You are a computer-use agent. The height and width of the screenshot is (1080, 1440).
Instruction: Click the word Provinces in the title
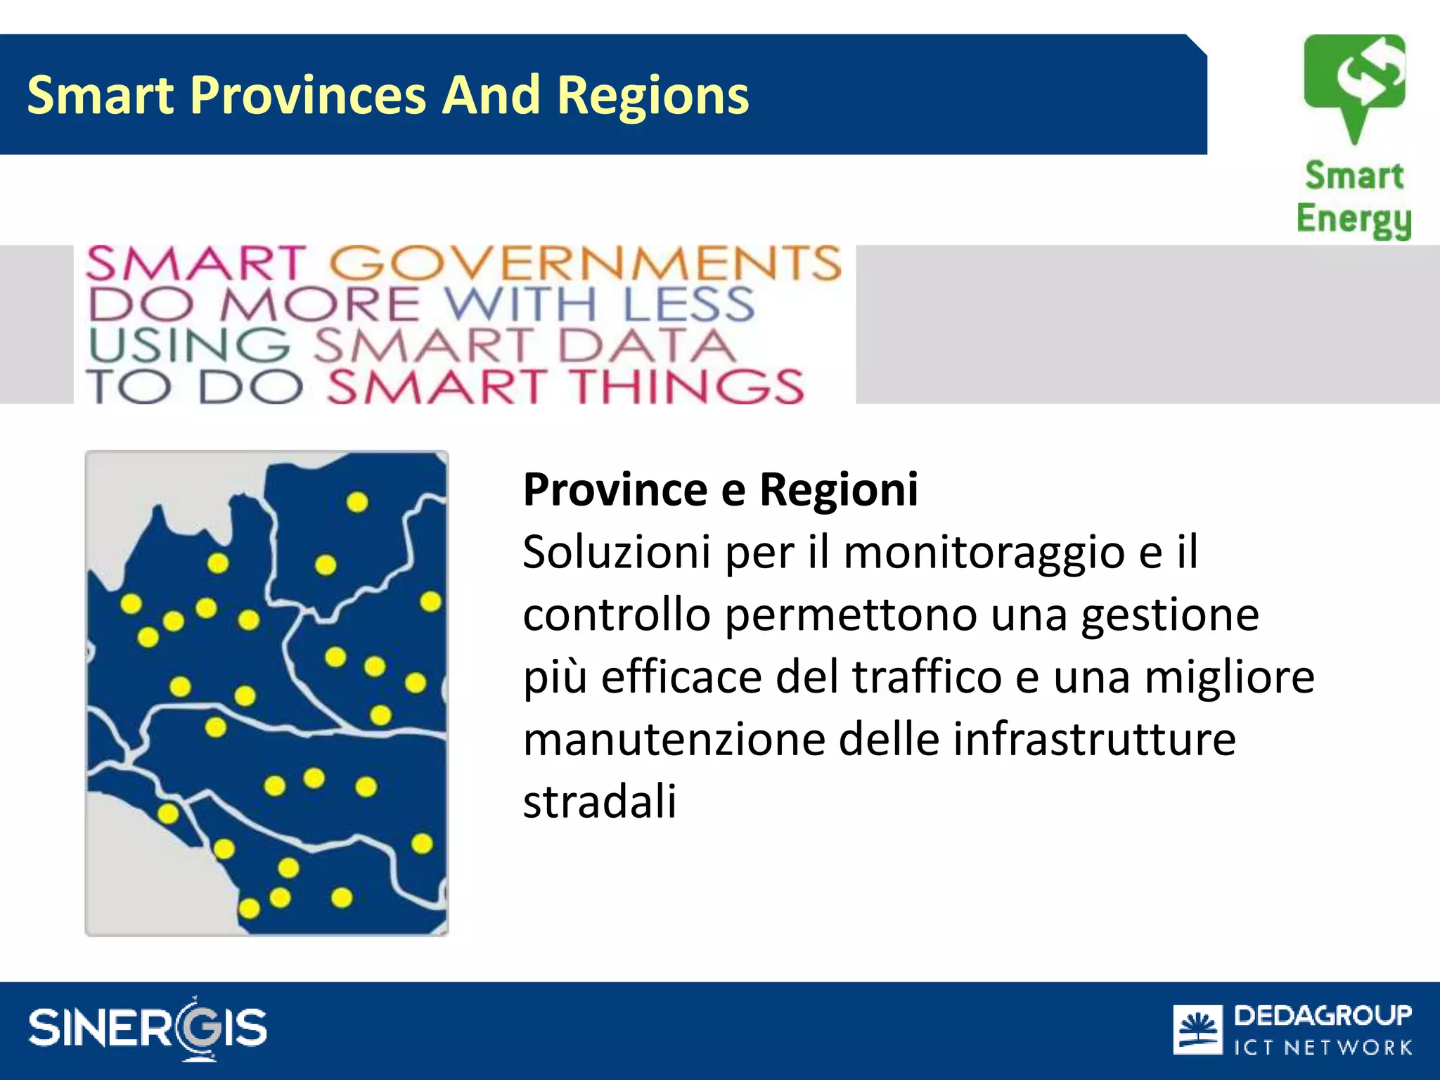[308, 95]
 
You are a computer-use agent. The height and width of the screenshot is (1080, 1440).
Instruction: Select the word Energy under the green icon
[1354, 219]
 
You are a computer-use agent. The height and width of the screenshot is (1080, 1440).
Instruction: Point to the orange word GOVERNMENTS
[585, 264]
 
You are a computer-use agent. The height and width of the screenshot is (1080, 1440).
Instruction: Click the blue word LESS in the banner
[689, 304]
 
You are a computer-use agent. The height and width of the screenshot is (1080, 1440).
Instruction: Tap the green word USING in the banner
[188, 346]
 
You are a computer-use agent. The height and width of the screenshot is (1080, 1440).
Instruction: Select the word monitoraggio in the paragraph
[984, 552]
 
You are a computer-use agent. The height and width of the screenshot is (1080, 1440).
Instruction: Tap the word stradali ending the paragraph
[599, 802]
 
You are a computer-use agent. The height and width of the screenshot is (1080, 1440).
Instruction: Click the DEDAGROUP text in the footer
[1323, 1015]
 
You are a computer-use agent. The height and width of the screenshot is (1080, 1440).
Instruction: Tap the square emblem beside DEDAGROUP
[1197, 1030]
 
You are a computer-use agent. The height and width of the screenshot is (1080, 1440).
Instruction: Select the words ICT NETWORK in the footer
[1323, 1048]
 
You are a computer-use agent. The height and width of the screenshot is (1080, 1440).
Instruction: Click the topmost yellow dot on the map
[357, 502]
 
